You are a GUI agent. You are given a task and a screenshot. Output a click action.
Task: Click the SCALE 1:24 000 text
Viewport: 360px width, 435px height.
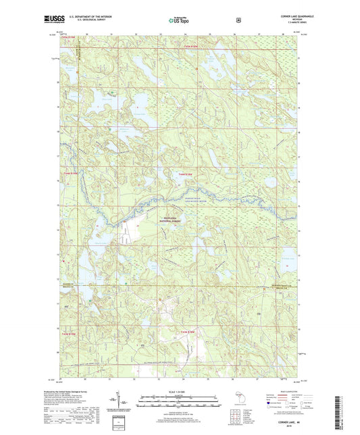[x=179, y=392]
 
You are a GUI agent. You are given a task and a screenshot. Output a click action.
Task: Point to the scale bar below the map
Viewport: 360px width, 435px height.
[x=179, y=399]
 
